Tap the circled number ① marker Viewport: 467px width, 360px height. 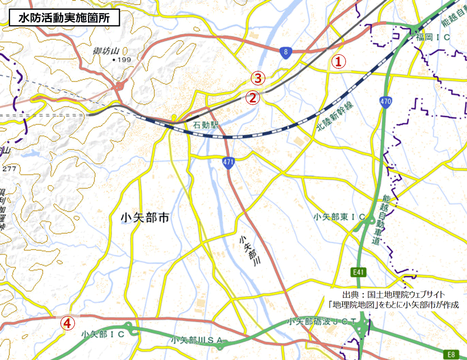(x=338, y=61)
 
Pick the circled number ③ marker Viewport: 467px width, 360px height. (x=258, y=78)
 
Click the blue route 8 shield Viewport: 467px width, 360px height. (x=286, y=53)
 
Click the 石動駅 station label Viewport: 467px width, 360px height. (x=207, y=126)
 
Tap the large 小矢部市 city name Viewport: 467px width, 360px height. (x=145, y=218)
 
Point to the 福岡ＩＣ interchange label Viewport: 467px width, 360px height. (x=433, y=37)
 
